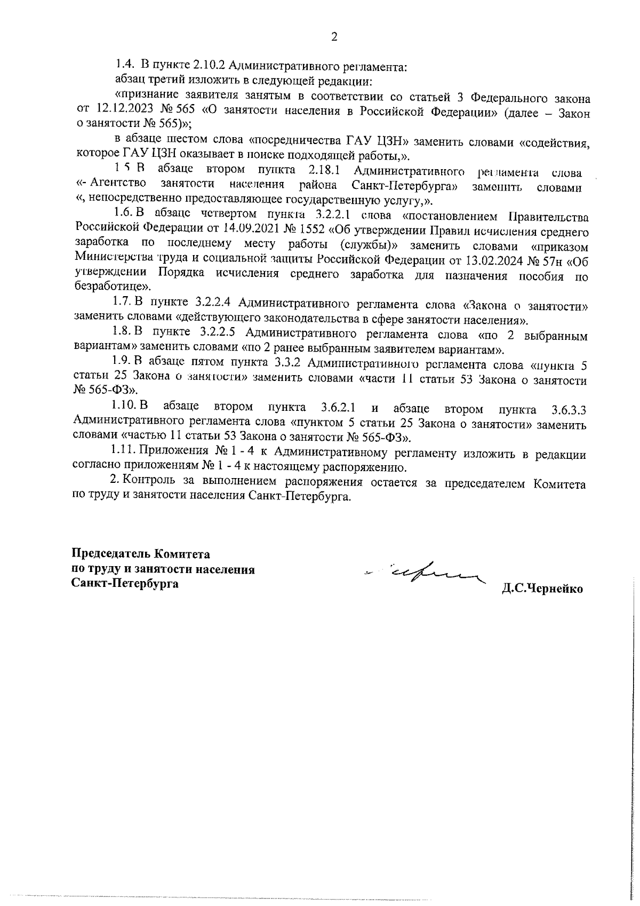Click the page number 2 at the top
tap(334, 37)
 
